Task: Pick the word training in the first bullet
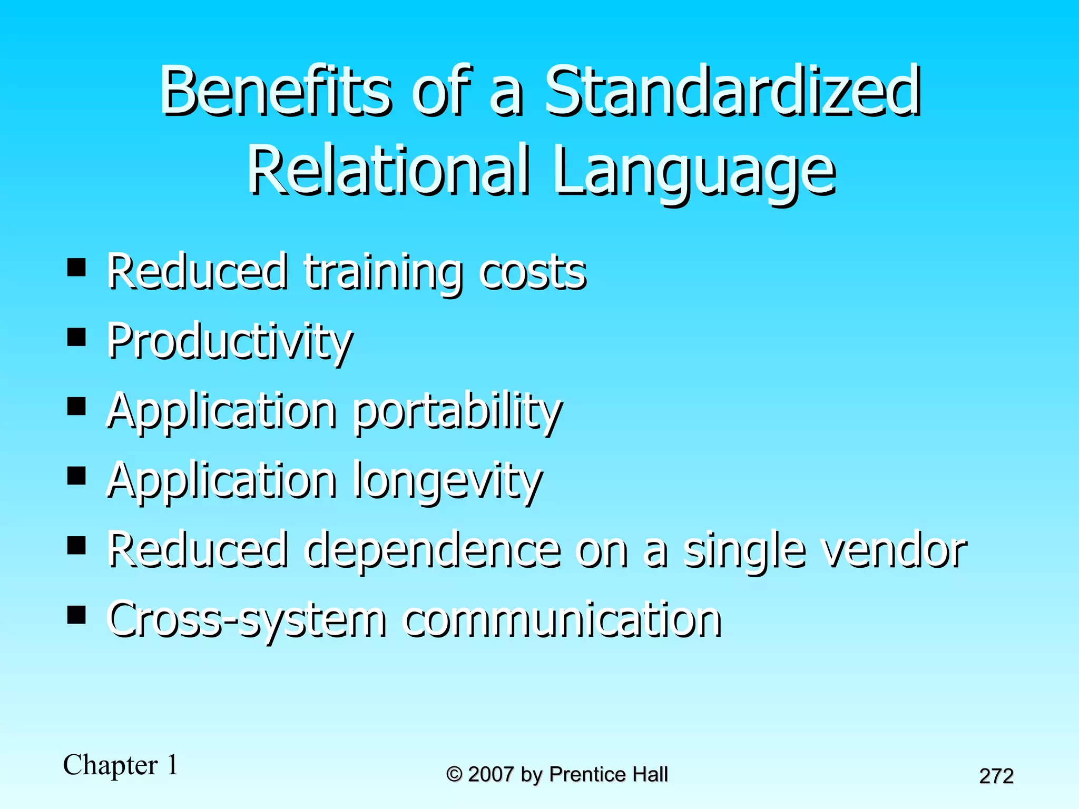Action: [x=384, y=272]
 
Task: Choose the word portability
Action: [x=457, y=412]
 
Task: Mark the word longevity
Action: [x=448, y=481]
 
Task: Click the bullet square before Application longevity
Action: [x=77, y=476]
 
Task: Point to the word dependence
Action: [x=433, y=550]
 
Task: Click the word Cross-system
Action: [x=247, y=620]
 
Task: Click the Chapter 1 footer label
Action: [x=121, y=765]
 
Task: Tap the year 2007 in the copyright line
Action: [x=491, y=774]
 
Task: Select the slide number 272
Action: [x=996, y=776]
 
